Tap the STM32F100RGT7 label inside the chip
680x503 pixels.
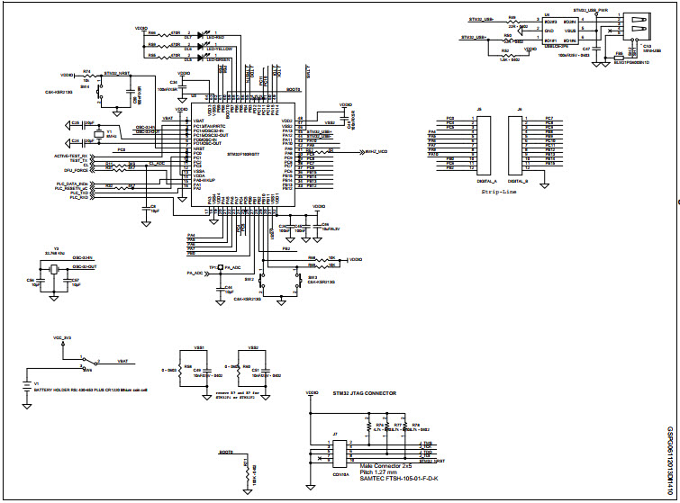coord(242,155)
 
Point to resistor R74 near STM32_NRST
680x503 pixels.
coord(87,76)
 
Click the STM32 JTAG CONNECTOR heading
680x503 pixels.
coord(366,393)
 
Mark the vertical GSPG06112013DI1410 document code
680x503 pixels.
coord(669,458)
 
